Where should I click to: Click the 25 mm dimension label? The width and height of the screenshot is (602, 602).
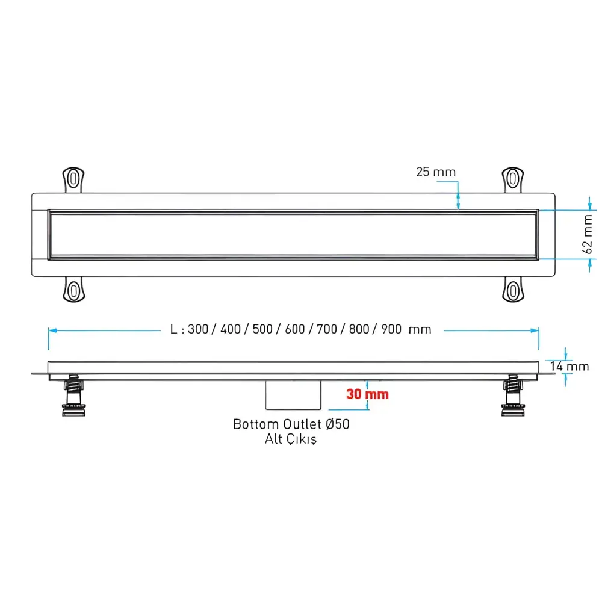click(x=436, y=172)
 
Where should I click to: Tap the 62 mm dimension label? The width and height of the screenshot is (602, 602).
click(x=589, y=234)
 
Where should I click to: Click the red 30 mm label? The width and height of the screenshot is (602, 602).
click(x=367, y=394)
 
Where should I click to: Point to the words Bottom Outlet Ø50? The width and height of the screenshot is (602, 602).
click(x=291, y=424)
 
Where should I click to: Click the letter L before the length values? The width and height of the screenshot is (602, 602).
click(x=173, y=329)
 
